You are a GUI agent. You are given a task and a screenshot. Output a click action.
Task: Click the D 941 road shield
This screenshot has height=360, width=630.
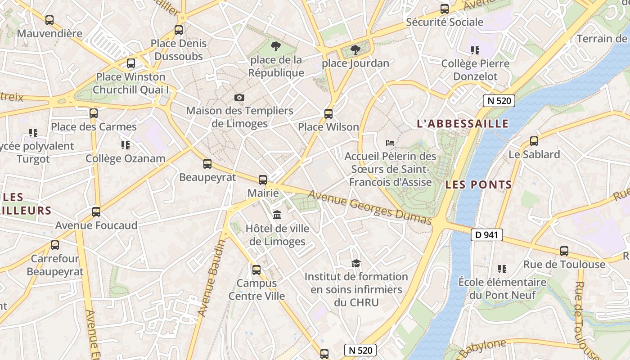tap(487, 234)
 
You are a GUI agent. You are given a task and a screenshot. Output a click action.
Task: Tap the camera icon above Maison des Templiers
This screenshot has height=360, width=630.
tap(239, 97)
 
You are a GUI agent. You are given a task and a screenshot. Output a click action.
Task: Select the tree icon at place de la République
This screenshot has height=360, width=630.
tap(275, 46)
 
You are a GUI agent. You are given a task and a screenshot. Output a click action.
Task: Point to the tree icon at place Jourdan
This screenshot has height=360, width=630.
tap(355, 49)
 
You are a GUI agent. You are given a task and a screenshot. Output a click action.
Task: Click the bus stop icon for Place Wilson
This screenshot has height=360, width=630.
tap(328, 113)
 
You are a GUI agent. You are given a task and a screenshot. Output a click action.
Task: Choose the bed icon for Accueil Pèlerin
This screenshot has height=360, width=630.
tap(390, 143)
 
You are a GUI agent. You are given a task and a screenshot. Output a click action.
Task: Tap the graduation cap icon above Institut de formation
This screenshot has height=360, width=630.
tap(356, 263)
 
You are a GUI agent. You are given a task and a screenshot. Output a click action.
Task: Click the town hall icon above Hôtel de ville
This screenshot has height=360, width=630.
tap(277, 215)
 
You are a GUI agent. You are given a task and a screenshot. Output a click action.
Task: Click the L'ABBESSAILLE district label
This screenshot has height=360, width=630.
tap(463, 124)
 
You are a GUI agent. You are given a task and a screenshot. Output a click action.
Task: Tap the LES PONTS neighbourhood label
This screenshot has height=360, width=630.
tap(479, 184)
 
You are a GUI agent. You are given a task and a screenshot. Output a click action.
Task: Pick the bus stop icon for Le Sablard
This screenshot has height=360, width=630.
tap(534, 141)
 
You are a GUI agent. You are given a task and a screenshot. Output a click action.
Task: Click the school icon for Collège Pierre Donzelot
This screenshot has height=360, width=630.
tap(475, 50)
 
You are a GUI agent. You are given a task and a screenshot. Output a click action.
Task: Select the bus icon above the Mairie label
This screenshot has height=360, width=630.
tap(263, 180)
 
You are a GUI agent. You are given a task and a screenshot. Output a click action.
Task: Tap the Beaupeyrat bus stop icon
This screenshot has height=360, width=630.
tap(207, 164)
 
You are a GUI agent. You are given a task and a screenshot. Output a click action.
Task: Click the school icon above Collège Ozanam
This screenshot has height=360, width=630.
tap(126, 145)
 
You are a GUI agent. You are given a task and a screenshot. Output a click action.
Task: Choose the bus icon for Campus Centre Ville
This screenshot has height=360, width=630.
tap(256, 270)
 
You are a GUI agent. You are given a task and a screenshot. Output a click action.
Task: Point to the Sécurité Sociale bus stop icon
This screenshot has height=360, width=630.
tap(445, 9)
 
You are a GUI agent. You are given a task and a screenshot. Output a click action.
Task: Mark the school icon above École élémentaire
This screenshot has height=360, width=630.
tap(502, 269)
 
